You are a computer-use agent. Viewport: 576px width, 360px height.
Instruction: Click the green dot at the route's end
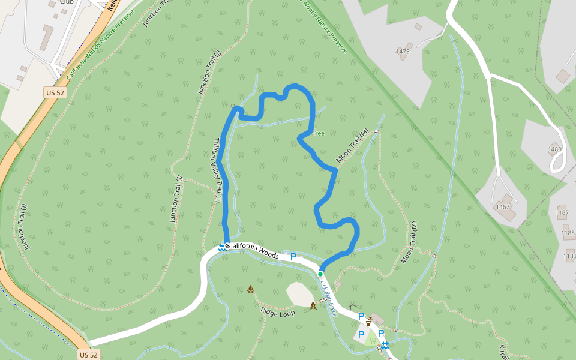tap(320, 274)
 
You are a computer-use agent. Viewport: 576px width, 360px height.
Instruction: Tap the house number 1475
tap(403, 52)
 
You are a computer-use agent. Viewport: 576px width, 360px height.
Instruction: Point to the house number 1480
tap(554, 149)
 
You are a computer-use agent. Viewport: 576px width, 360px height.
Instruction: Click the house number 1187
tap(562, 212)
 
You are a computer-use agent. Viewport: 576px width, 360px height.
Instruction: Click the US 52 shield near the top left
tap(54, 92)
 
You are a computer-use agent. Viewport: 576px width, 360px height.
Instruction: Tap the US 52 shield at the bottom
tap(88, 355)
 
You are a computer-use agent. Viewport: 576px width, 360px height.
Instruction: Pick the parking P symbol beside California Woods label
tap(293, 257)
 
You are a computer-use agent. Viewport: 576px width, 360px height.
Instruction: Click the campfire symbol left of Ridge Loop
tap(251, 289)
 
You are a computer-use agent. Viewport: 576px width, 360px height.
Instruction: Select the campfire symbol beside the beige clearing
tap(313, 305)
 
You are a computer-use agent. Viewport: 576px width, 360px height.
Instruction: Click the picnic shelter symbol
tap(353, 307)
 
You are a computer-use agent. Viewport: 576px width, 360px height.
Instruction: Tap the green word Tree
tap(318, 133)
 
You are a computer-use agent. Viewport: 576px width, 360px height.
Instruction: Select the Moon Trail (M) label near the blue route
tap(352, 147)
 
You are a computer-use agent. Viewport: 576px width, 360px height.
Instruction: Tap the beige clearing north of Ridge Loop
tap(299, 293)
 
